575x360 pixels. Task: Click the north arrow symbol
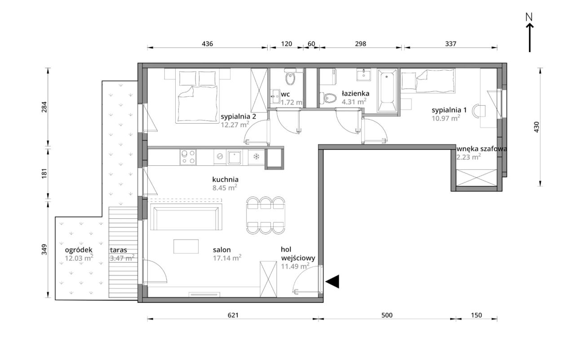(530, 38)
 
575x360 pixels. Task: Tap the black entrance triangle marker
(332, 281)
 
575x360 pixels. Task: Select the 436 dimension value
(207, 44)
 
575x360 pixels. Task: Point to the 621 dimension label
(233, 315)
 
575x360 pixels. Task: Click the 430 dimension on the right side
(536, 127)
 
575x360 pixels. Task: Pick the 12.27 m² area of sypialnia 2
(235, 124)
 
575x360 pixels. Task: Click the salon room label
(222, 249)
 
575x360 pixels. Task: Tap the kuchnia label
(226, 179)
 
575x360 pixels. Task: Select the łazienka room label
(355, 93)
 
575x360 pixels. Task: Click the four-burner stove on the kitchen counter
(188, 157)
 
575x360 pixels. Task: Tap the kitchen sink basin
(234, 157)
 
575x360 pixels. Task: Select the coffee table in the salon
(186, 246)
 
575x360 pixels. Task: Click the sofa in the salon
(186, 217)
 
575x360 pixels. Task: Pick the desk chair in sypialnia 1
(479, 111)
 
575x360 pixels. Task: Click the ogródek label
(79, 250)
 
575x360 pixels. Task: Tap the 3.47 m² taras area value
(122, 258)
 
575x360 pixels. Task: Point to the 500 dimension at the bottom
(387, 315)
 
